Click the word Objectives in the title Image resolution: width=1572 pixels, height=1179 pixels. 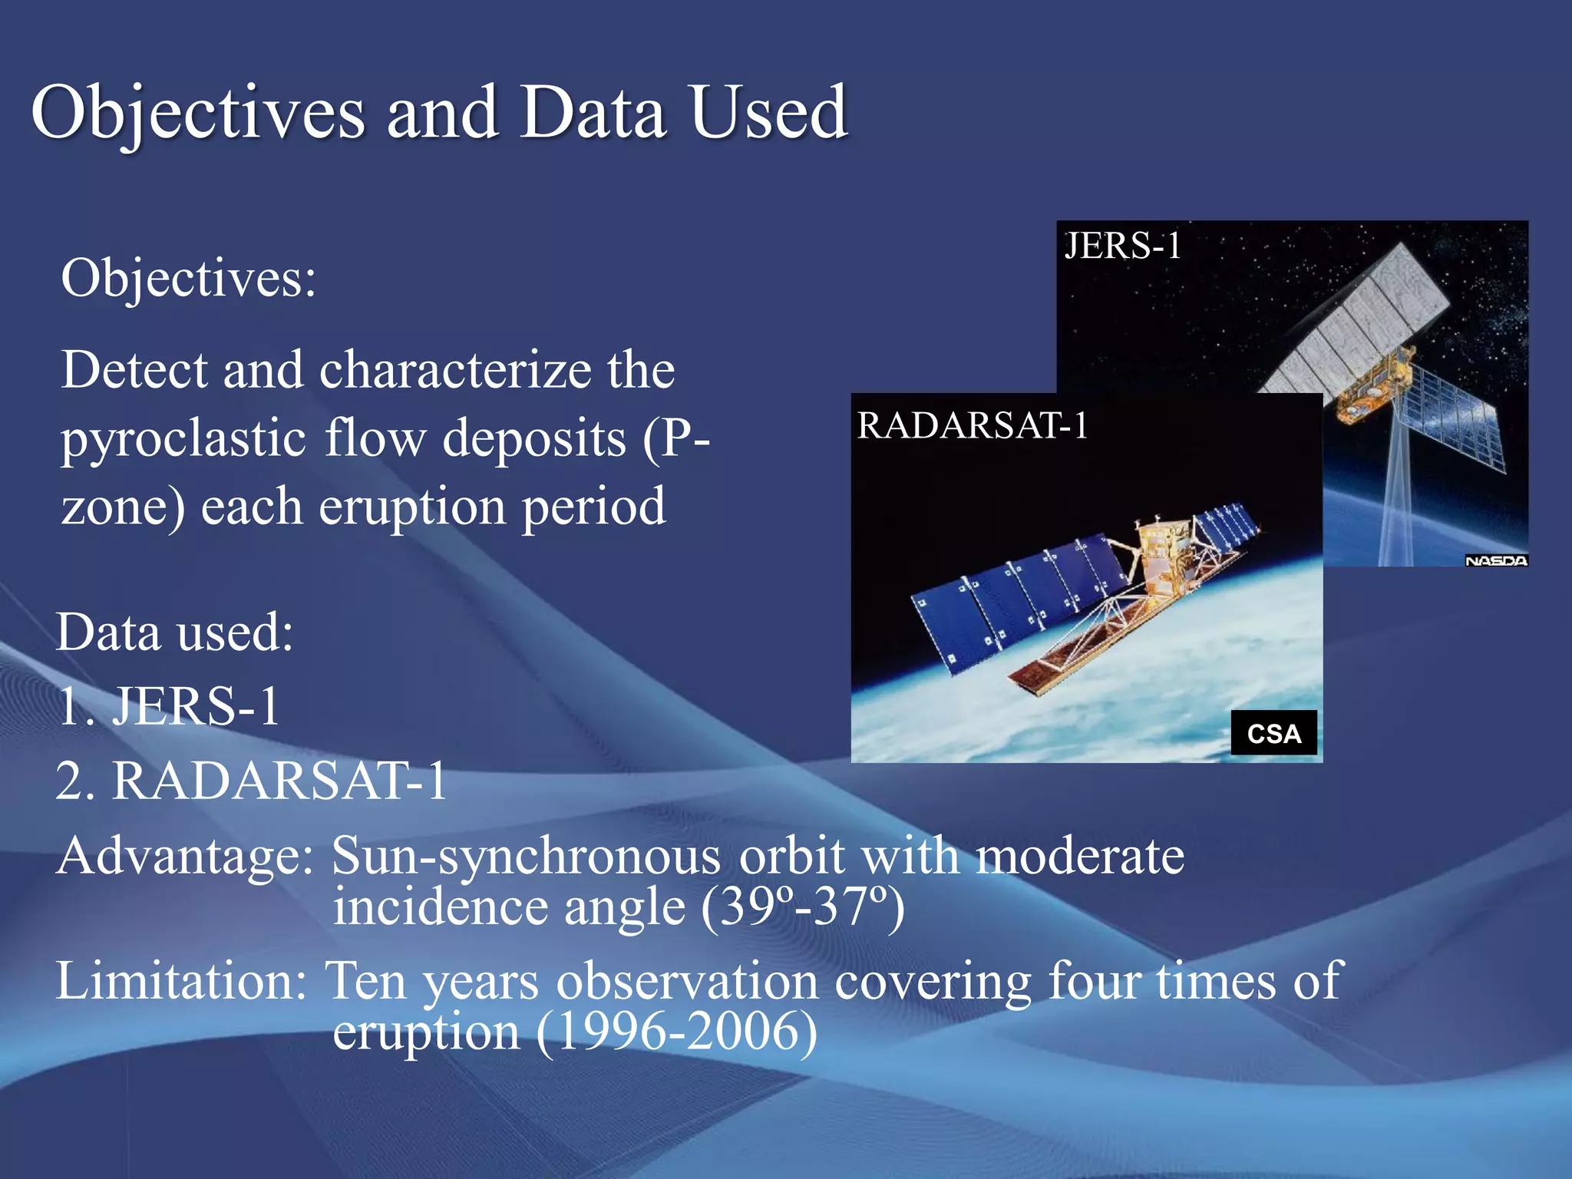[x=198, y=114]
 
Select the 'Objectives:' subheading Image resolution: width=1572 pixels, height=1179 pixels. [x=188, y=278]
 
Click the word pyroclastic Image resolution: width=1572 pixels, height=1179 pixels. [x=184, y=439]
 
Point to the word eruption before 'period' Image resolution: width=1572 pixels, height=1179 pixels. [x=412, y=507]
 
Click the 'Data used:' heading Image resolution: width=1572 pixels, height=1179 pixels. [x=175, y=632]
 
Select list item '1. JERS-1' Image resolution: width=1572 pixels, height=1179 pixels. [x=169, y=706]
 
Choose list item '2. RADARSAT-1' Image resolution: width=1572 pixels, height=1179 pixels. [x=251, y=781]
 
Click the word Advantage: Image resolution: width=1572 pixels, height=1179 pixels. [x=184, y=856]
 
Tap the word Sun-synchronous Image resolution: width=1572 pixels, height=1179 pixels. [x=526, y=856]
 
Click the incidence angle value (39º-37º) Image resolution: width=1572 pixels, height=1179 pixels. [x=802, y=907]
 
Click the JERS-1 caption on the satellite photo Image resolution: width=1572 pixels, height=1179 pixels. [x=1122, y=246]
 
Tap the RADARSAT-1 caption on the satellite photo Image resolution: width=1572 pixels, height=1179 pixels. [x=973, y=426]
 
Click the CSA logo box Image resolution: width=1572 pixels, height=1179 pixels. [x=1273, y=734]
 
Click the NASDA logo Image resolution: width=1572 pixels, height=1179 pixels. [x=1495, y=561]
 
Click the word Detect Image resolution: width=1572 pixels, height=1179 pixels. [x=134, y=370]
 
